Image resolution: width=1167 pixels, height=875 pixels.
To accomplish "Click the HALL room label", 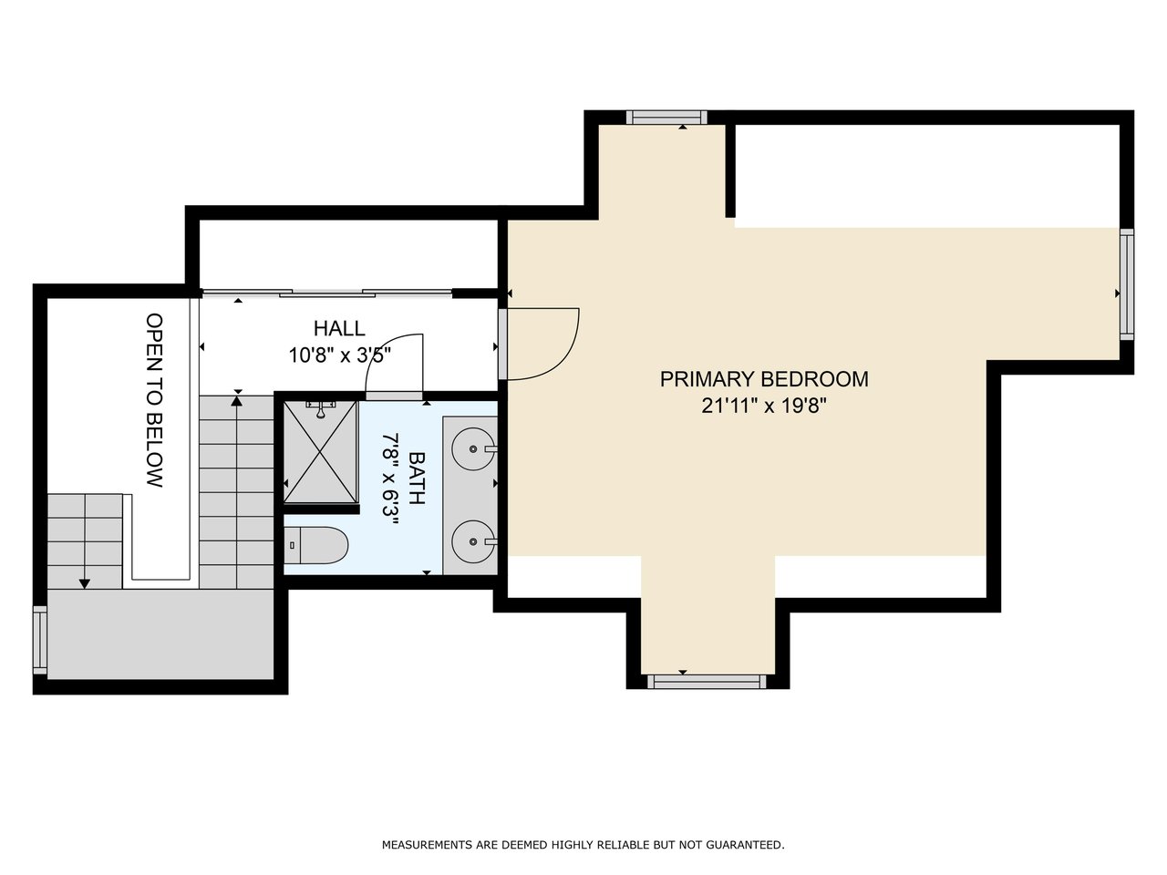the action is pyautogui.click(x=339, y=328).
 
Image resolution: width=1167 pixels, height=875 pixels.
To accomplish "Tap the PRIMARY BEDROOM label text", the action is pyautogui.click(x=764, y=379).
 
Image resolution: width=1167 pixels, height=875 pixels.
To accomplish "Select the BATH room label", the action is pyautogui.click(x=417, y=479).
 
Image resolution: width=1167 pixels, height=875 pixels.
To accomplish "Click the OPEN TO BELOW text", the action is pyautogui.click(x=154, y=400).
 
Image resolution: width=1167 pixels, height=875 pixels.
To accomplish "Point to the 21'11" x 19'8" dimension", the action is pyautogui.click(x=764, y=407).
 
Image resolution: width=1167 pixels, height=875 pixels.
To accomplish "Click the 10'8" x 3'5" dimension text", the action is pyautogui.click(x=340, y=355).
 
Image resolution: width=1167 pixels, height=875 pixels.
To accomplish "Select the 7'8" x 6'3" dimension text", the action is pyautogui.click(x=390, y=479).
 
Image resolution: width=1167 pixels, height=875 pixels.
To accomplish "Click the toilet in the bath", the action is pyautogui.click(x=315, y=546).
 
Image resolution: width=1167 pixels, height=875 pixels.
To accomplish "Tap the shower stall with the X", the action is pyautogui.click(x=320, y=452).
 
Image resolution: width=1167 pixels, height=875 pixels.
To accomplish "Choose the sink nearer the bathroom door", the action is pyautogui.click(x=474, y=449).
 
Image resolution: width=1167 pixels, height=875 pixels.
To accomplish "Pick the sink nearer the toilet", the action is pyautogui.click(x=474, y=541).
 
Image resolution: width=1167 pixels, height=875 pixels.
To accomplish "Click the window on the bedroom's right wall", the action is pyautogui.click(x=1127, y=284).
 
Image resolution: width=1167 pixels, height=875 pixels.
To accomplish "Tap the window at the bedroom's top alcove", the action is pyautogui.click(x=666, y=118).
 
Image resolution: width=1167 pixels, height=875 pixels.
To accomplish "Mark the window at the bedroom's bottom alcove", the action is pyautogui.click(x=707, y=682).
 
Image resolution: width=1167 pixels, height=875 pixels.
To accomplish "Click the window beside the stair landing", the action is pyautogui.click(x=40, y=641).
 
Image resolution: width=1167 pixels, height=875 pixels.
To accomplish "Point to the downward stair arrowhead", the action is pyautogui.click(x=84, y=583).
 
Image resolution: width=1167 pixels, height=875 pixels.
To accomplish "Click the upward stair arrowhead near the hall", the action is pyautogui.click(x=237, y=401).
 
